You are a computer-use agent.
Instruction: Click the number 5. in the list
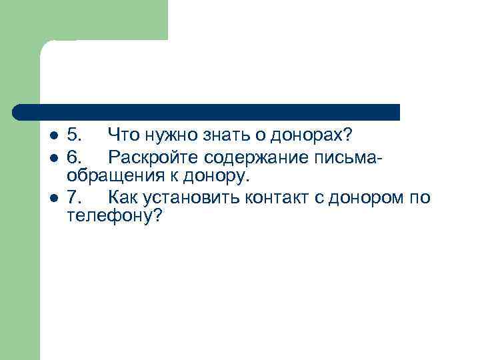click(x=75, y=136)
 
